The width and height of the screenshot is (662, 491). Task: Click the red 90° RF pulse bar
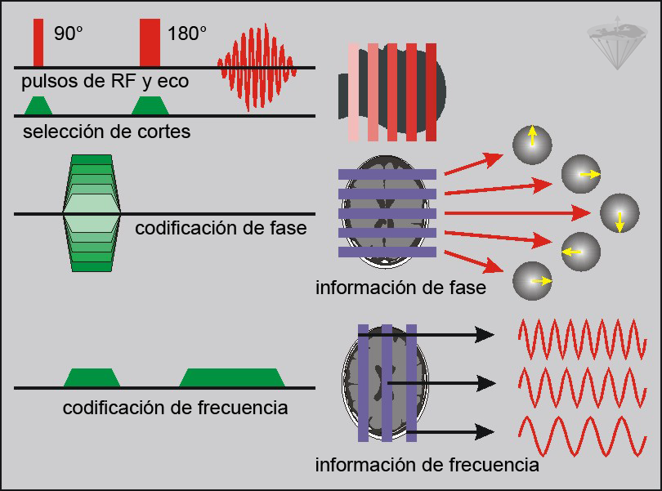pos(38,42)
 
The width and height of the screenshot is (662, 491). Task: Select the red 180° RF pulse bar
pos(150,42)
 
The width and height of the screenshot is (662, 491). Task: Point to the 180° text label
pos(187,34)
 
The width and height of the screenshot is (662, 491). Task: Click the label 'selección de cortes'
pos(107,131)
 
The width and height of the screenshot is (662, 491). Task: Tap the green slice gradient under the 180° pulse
pos(150,105)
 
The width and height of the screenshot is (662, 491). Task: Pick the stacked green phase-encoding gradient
pos(92,213)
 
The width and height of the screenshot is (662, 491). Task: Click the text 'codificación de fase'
pos(221,228)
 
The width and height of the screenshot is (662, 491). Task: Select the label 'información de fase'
pos(400,288)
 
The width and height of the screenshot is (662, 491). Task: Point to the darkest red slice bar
pos(431,92)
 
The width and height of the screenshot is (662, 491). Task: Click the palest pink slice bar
pos(353,92)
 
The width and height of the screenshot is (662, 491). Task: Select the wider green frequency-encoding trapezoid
pos(231,377)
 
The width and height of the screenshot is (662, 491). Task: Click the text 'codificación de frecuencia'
pos(175,406)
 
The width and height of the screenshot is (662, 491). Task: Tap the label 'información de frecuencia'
pos(427,465)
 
